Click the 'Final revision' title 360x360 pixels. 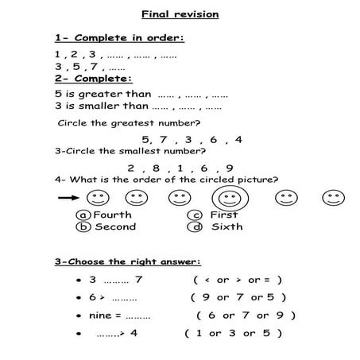(x=180, y=14)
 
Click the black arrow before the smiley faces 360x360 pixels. (x=68, y=197)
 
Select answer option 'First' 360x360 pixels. (x=223, y=215)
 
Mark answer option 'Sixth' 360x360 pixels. (x=226, y=226)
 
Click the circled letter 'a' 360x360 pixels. (x=83, y=215)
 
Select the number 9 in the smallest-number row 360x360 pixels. (x=229, y=168)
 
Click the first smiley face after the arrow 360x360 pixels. (x=98, y=196)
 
